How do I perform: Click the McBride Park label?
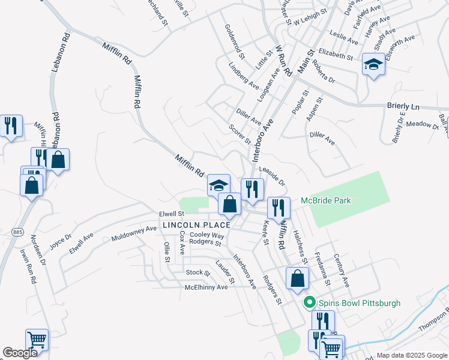click(x=325, y=200)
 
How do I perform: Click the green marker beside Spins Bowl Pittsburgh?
click(x=310, y=303)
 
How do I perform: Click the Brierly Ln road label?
click(x=403, y=106)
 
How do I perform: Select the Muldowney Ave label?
click(x=134, y=234)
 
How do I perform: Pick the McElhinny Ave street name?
click(x=206, y=287)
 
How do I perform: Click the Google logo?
click(x=20, y=353)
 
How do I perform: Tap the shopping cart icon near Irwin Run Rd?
click(x=37, y=340)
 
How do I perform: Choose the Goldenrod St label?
click(x=235, y=41)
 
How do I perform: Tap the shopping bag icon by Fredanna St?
click(x=298, y=278)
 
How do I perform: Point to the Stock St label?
click(x=197, y=273)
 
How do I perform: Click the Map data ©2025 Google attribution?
click(x=411, y=355)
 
